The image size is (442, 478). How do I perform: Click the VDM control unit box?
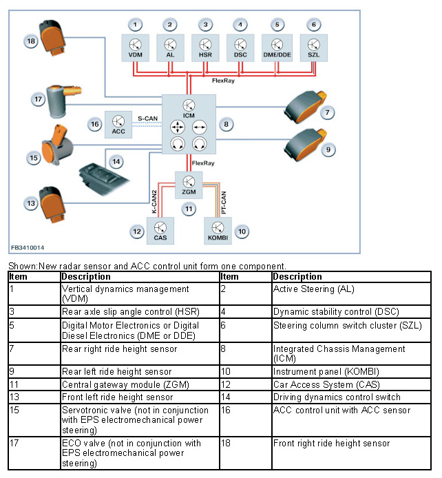click(136, 48)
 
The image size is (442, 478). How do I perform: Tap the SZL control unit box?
click(314, 48)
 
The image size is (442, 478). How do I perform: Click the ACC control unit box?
click(118, 125)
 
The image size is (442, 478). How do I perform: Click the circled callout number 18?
click(31, 41)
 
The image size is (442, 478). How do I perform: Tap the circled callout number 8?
click(225, 125)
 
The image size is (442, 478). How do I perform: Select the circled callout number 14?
click(116, 161)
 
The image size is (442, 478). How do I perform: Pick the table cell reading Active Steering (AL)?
click(313, 289)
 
